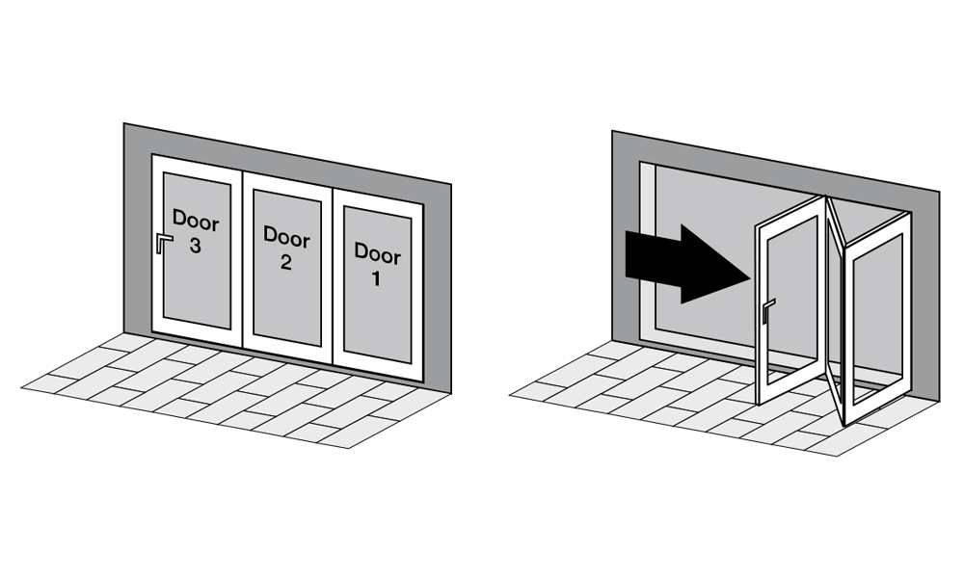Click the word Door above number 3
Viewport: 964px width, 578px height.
tap(196, 221)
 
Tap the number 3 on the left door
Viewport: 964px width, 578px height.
tap(195, 246)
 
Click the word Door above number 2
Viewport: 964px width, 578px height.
tap(286, 236)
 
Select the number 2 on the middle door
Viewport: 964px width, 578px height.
tap(286, 262)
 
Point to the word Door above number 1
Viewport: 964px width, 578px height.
tap(377, 252)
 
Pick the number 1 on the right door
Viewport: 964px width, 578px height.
tap(376, 278)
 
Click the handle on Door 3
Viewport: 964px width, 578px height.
tap(162, 242)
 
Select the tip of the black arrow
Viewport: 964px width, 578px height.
tap(751, 277)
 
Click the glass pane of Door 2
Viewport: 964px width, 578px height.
tap(286, 267)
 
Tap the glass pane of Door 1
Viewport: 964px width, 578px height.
tap(377, 284)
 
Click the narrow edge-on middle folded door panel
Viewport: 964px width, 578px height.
tap(834, 307)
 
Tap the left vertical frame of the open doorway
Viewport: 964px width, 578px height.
tap(648, 250)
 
